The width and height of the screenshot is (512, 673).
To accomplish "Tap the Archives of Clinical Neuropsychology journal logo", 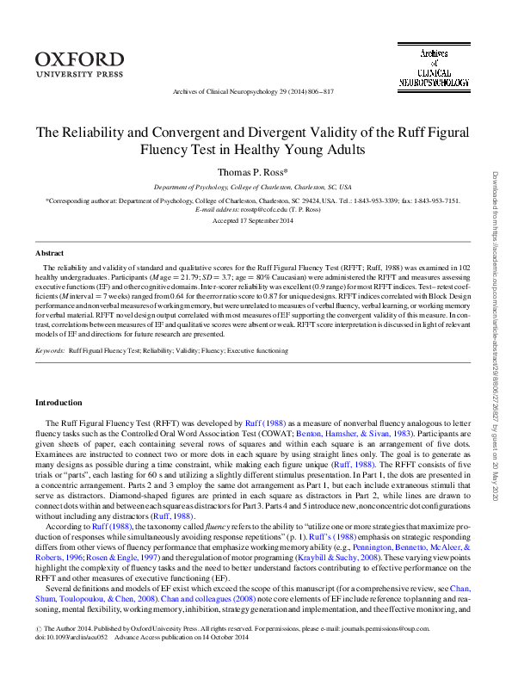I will [x=434, y=68].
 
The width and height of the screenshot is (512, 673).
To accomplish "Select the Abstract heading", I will [x=49, y=253].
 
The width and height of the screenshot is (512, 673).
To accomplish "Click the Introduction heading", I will [x=59, y=403].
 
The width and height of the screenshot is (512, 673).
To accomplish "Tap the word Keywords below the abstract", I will [x=50, y=351].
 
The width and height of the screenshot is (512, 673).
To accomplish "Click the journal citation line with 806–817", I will [x=253, y=91].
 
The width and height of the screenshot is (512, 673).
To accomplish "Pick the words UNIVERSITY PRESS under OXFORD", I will [x=74, y=74].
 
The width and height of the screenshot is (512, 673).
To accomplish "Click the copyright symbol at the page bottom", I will [x=37, y=652].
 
